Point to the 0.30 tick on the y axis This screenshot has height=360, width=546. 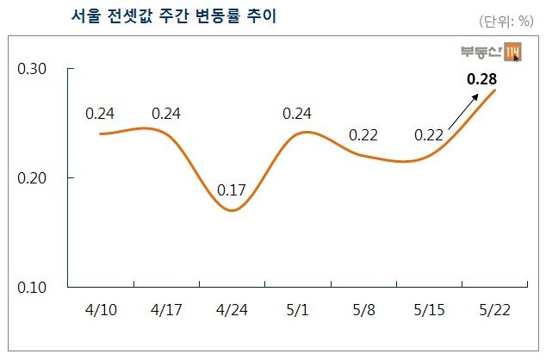pyautogui.click(x=32, y=69)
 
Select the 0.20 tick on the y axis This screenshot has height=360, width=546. pyautogui.click(x=32, y=178)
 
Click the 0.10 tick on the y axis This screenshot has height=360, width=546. pyautogui.click(x=32, y=287)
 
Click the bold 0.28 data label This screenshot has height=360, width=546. pyautogui.click(x=481, y=79)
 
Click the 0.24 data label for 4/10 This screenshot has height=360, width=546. pyautogui.click(x=101, y=113)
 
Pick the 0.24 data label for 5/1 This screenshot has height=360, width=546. pyautogui.click(x=297, y=113)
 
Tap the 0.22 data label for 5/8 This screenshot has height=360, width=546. pyautogui.click(x=363, y=135)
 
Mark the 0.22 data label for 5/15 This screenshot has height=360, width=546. pyautogui.click(x=429, y=135)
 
